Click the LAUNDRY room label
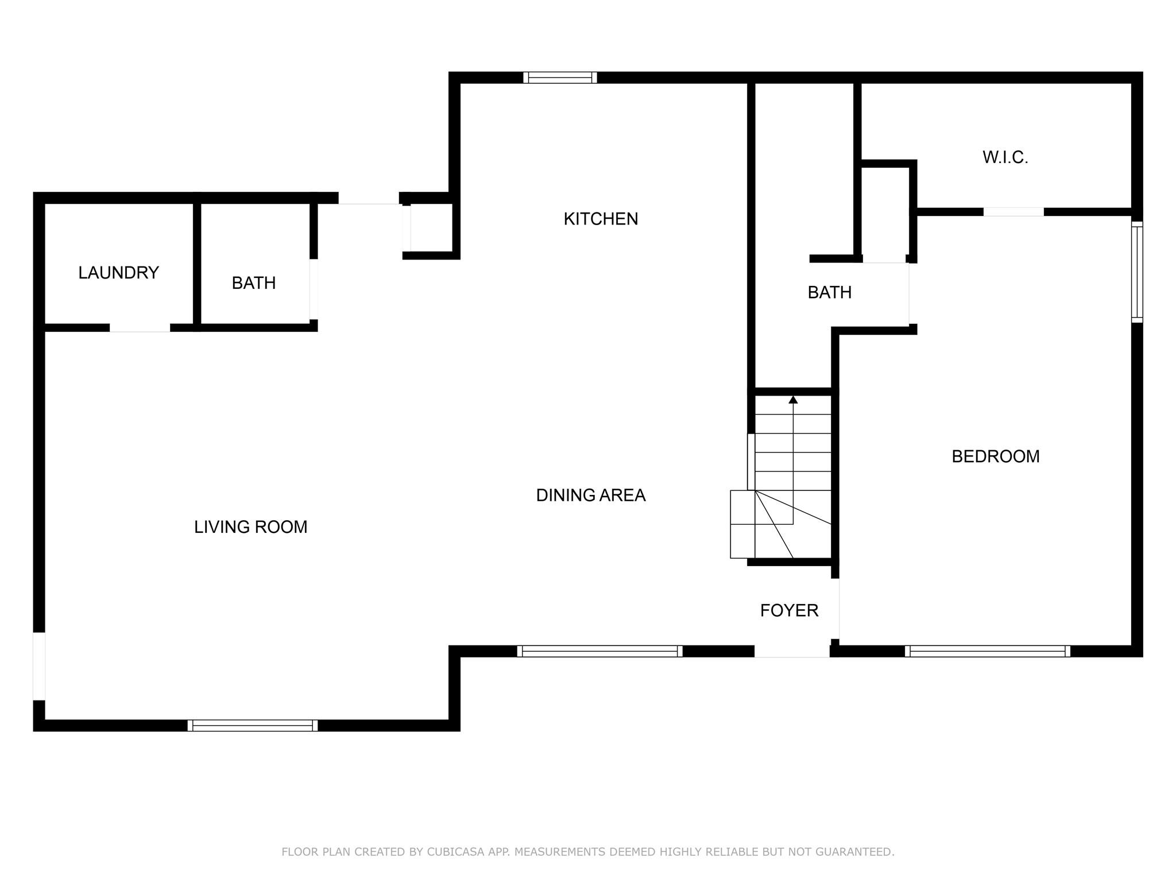click(x=118, y=273)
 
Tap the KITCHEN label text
click(x=601, y=219)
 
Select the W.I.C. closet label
click(x=1005, y=157)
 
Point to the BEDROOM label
click(x=996, y=457)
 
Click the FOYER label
click(x=789, y=610)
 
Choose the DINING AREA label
click(x=591, y=495)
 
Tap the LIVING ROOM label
click(x=251, y=527)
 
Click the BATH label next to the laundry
click(x=254, y=283)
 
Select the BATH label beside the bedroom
click(x=830, y=293)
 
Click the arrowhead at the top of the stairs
click(x=793, y=399)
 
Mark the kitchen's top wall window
click(x=560, y=78)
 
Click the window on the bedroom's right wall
click(x=1137, y=272)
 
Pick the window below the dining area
click(x=599, y=651)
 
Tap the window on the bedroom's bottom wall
click(x=988, y=651)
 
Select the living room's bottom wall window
click(x=253, y=725)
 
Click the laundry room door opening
click(x=140, y=328)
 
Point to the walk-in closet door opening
click(x=1013, y=212)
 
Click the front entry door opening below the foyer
click(x=792, y=651)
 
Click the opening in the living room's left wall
click(x=39, y=666)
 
